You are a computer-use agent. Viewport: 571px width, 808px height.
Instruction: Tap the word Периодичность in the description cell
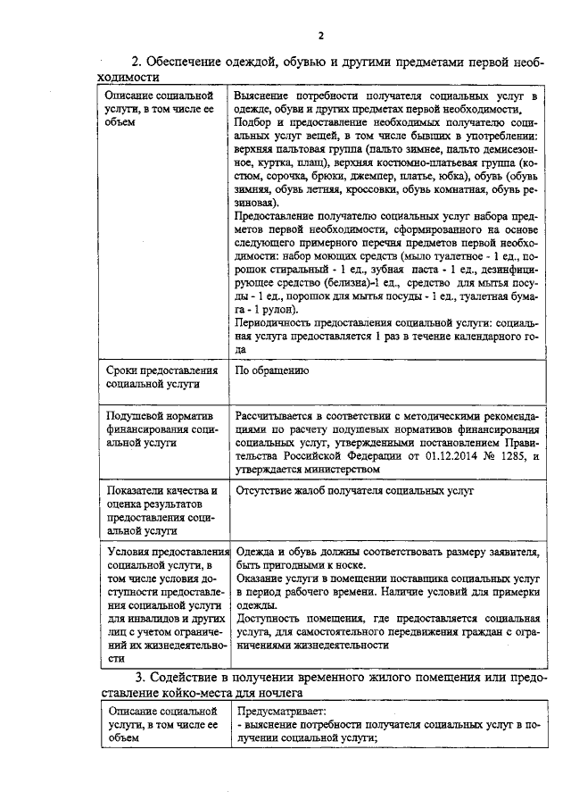pyautogui.click(x=274, y=323)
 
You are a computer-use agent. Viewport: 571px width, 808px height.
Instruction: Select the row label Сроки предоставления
pyautogui.click(x=161, y=370)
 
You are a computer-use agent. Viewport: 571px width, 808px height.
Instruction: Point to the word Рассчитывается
pyautogui.click(x=277, y=415)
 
